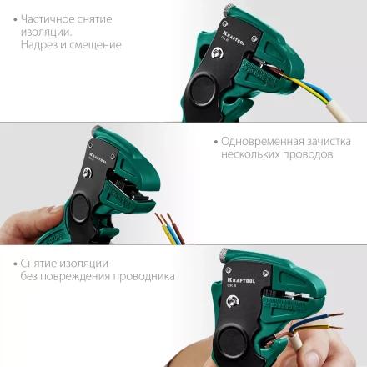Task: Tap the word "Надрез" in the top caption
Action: point(41,45)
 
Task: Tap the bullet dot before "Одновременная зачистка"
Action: point(214,141)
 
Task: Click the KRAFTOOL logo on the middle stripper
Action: point(98,155)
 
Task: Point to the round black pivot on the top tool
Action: point(203,90)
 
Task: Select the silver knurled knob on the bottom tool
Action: point(225,254)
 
